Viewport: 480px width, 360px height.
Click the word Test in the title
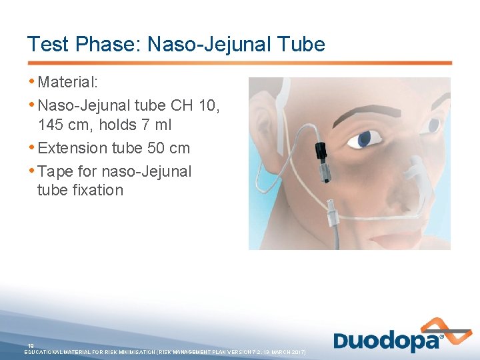(49, 45)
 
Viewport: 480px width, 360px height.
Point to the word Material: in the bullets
(69, 82)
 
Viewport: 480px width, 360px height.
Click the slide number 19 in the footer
(31, 345)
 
